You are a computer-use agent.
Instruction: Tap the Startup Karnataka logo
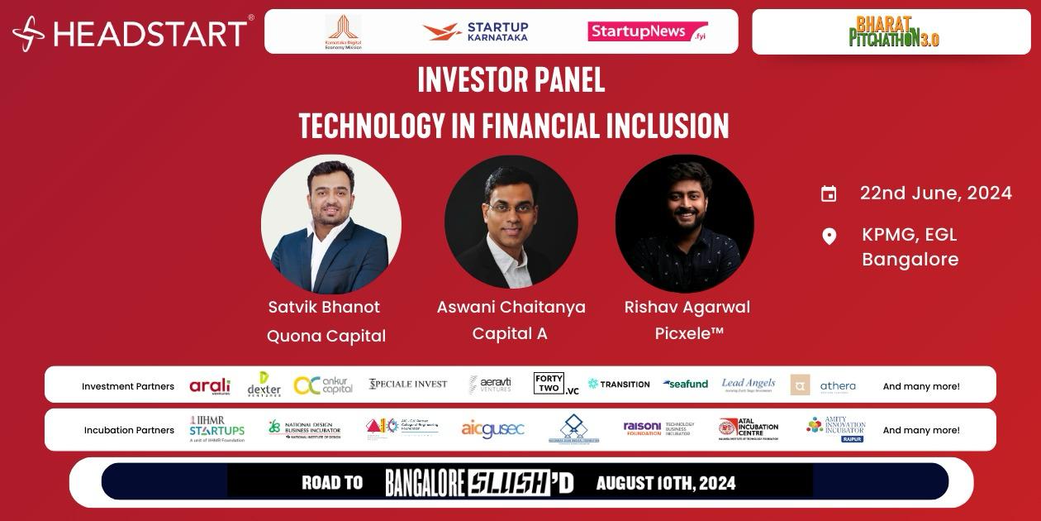[475, 31]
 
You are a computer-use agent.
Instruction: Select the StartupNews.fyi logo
[648, 31]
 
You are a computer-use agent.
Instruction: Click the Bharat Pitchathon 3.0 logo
[893, 32]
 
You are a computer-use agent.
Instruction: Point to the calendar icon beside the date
[829, 194]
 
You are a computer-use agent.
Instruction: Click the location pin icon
[829, 237]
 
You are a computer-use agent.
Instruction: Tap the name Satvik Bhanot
[324, 307]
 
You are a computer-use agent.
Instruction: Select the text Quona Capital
[326, 336]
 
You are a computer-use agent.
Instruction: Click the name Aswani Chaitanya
[511, 307]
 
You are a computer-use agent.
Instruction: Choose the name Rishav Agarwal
[687, 307]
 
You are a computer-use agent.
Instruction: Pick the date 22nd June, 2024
[935, 194]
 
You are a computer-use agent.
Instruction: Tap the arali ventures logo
[210, 386]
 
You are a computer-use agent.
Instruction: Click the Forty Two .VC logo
[555, 384]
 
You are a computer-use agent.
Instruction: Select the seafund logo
[686, 385]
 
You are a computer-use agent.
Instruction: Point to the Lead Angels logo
[748, 385]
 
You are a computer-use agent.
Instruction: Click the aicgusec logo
[492, 429]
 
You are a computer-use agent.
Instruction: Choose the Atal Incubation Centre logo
[749, 429]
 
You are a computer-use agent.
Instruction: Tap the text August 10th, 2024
[665, 483]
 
